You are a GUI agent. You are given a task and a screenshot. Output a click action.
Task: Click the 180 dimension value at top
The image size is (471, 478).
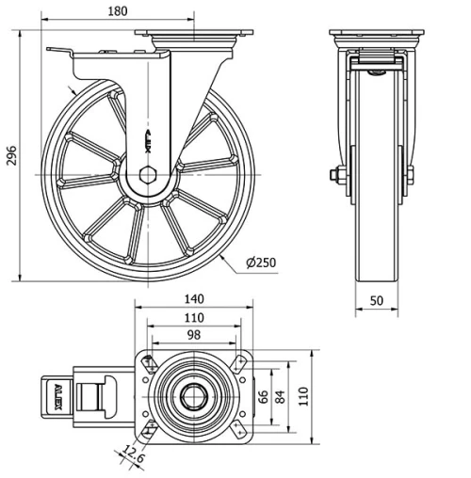coord(117,10)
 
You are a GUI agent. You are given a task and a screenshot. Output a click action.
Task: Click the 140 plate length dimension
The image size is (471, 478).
coord(193,299)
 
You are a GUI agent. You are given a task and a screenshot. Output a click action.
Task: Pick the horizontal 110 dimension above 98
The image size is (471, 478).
coord(193,318)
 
